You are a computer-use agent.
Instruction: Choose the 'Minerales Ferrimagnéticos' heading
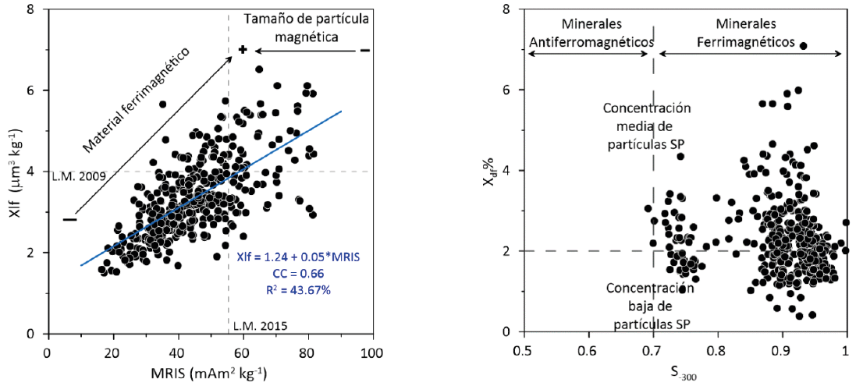coord(751,33)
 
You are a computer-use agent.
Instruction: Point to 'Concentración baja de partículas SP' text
coord(649,305)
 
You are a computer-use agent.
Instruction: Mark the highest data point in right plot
coord(803,46)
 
